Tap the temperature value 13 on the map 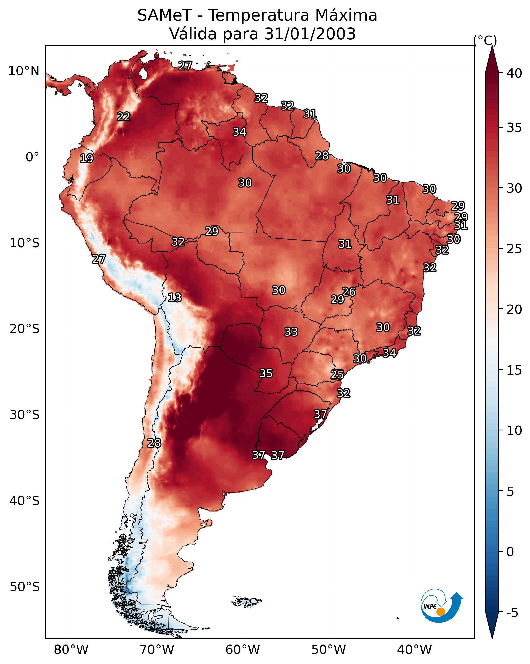(x=175, y=298)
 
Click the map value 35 (x=266, y=373)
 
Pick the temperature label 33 (x=291, y=332)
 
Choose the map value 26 (x=349, y=291)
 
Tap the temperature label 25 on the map (x=337, y=375)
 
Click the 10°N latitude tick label (x=24, y=71)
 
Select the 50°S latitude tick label (x=25, y=587)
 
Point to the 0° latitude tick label (x=32, y=157)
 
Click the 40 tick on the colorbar (x=514, y=73)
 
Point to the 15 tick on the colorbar (x=514, y=370)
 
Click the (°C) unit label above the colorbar (x=485, y=40)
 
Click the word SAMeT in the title (x=165, y=15)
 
